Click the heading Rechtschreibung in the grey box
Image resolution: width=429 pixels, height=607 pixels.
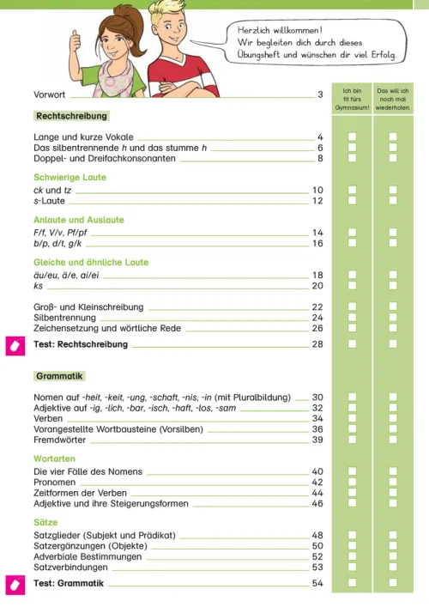pos(71,116)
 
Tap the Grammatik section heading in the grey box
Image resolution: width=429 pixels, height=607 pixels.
pos(60,376)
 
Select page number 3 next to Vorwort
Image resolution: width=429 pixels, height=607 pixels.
pos(320,94)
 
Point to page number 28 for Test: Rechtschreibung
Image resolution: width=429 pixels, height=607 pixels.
pos(317,344)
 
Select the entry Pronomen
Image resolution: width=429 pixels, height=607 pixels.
pos(56,483)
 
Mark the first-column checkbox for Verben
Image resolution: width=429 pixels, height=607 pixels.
pos(352,418)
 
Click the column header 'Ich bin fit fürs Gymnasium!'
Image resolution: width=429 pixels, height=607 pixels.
pos(352,100)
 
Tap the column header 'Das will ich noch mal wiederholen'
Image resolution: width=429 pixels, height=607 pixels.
pos(393,100)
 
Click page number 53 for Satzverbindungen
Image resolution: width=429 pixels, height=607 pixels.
pos(317,567)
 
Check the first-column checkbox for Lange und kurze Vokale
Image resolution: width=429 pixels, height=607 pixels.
pos(352,137)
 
